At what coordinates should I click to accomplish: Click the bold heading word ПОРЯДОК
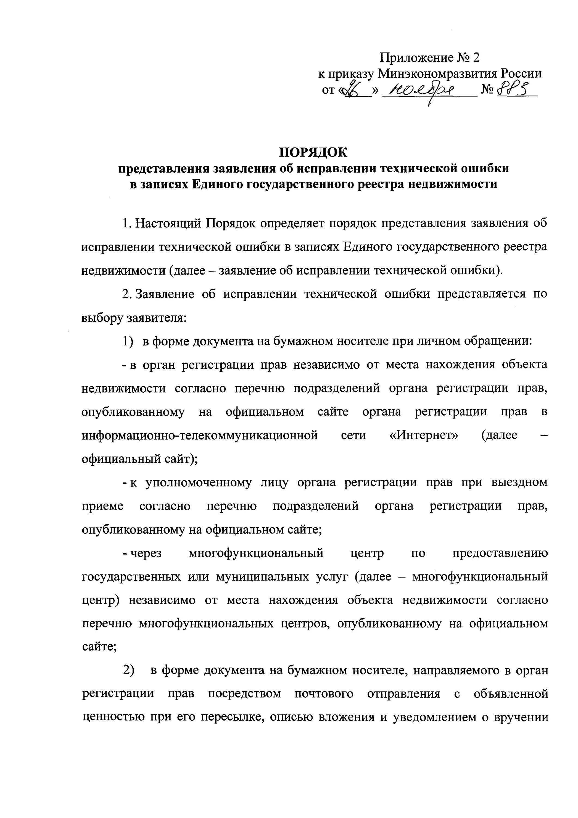point(313,152)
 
